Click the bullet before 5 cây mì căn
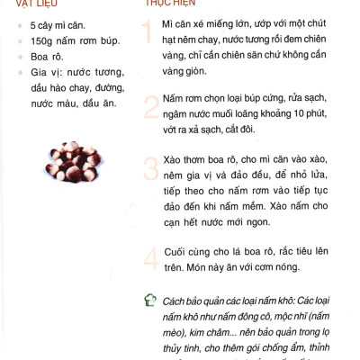[19, 25]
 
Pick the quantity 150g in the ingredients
[45, 41]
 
